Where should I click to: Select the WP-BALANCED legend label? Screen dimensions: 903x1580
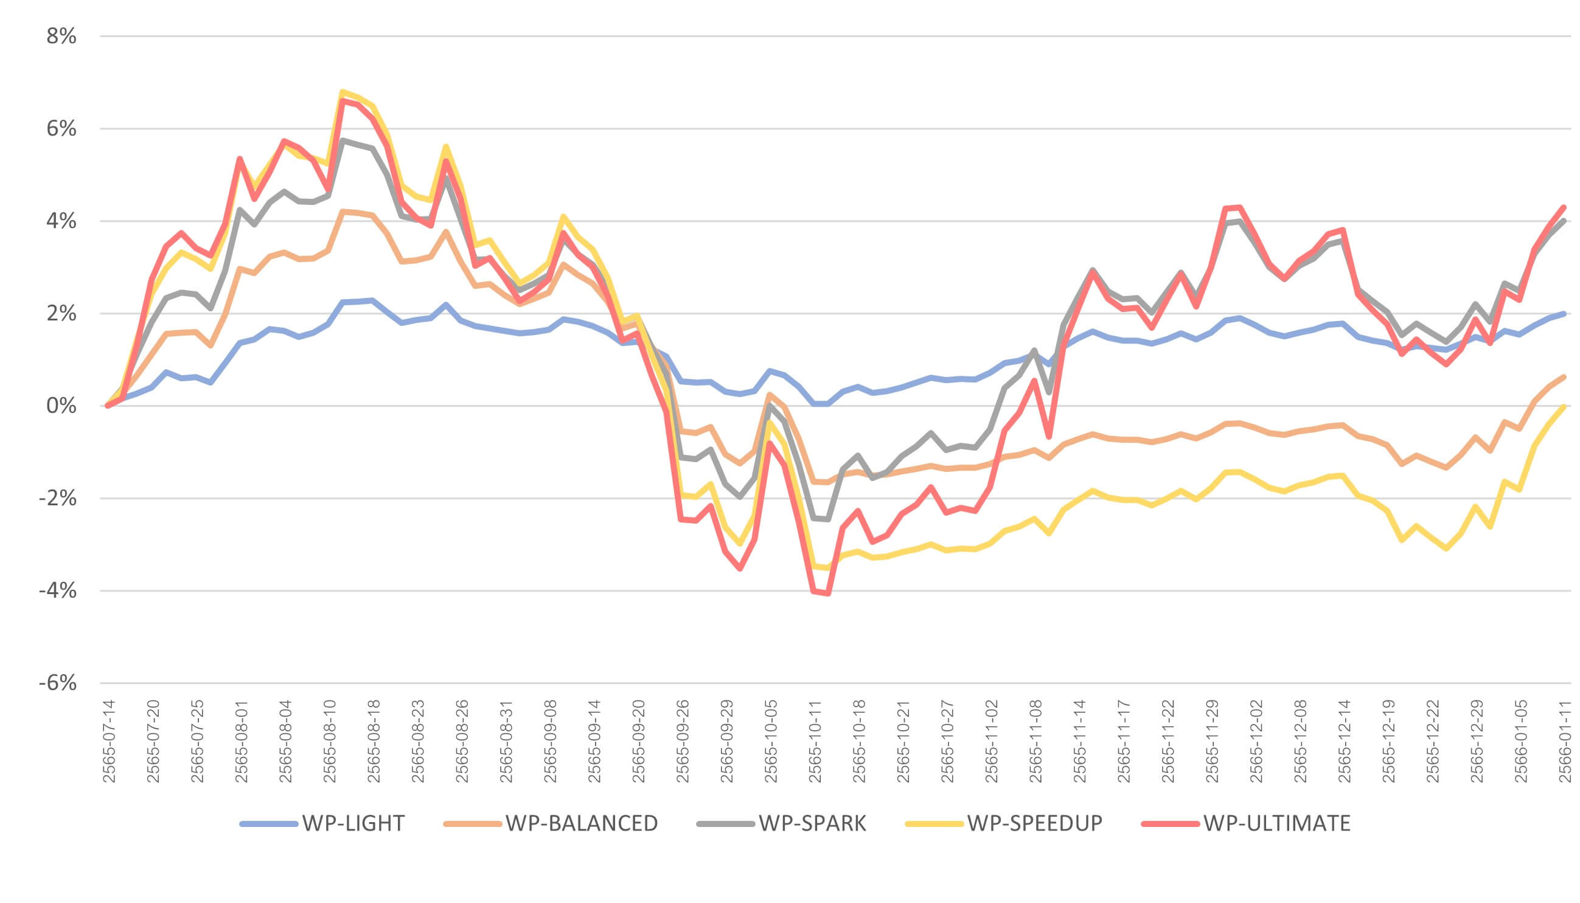[x=581, y=823]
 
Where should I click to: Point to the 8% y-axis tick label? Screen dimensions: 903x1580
[x=61, y=36]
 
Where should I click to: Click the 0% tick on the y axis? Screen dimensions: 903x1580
[x=61, y=406]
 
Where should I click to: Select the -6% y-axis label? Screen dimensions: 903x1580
[x=58, y=683]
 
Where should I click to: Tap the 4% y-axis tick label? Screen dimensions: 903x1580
[x=61, y=221]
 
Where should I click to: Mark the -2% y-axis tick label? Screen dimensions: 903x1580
[x=58, y=499]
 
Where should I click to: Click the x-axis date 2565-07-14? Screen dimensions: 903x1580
[x=109, y=741]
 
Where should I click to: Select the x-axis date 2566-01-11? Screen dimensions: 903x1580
[x=1565, y=741]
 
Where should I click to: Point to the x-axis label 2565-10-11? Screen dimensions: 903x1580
[x=815, y=741]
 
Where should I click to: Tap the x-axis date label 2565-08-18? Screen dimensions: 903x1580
[x=374, y=741]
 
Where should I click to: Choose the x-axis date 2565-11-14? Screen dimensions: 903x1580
[x=1079, y=741]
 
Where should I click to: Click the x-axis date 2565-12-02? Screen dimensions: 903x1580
[x=1256, y=741]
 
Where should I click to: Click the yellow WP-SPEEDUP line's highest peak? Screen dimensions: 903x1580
[x=343, y=92]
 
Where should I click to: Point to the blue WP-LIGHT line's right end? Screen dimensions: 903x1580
[x=1564, y=314]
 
